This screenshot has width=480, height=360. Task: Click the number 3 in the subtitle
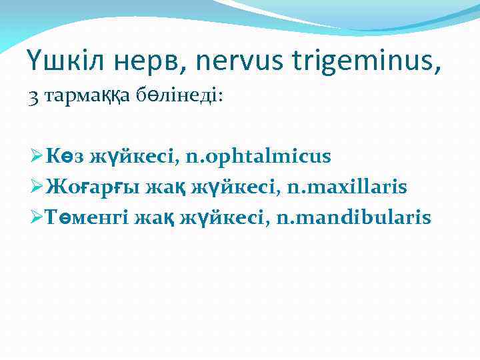pos(34,97)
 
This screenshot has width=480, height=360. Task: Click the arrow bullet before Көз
pos(37,157)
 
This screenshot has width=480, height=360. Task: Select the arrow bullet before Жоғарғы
pos(37,187)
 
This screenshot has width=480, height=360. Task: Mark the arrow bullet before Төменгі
pos(37,217)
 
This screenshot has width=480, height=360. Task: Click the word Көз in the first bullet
pos(67,157)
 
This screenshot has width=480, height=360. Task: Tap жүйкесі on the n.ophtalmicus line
pos(137,157)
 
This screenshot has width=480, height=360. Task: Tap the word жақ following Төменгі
pos(155,217)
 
